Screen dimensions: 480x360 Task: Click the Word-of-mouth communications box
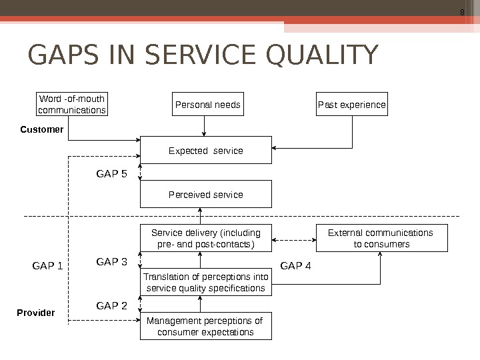pos(72,105)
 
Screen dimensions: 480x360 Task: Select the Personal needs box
pos(207,105)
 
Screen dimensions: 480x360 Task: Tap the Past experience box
pos(351,105)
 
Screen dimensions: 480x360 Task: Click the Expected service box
pos(205,151)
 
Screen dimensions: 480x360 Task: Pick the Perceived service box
pos(205,194)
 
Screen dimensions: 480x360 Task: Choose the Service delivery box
pos(205,238)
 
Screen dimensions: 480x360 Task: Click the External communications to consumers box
pos(381,238)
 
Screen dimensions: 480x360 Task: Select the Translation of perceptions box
pos(205,283)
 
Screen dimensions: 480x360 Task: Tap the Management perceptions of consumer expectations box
pos(205,326)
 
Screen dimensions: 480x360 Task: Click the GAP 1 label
pos(47,266)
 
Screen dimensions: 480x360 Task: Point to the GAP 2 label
pos(111,306)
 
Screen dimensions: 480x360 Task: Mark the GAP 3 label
pos(111,262)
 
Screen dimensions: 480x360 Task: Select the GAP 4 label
pos(295,266)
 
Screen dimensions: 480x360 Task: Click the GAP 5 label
pos(111,174)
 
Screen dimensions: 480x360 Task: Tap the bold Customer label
pos(41,129)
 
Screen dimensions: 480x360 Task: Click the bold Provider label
pos(35,312)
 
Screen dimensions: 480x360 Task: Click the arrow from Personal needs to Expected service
pos(205,126)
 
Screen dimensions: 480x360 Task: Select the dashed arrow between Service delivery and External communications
pos(293,238)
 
